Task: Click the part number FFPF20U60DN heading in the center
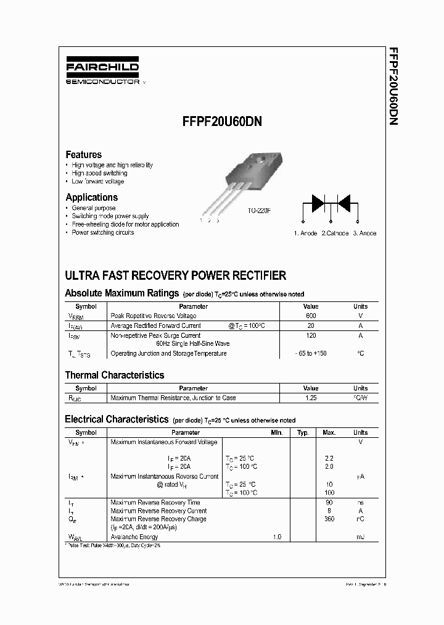(x=222, y=122)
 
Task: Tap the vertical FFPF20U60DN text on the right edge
(x=393, y=86)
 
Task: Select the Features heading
(x=83, y=154)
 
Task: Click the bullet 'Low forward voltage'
(x=97, y=182)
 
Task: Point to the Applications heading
(x=91, y=198)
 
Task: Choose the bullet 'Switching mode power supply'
(x=110, y=216)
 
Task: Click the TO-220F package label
(x=259, y=211)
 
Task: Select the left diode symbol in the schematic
(x=318, y=202)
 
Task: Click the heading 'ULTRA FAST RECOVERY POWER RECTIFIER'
(x=175, y=275)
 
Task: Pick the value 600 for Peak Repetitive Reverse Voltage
(x=311, y=316)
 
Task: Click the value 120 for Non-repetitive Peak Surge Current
(x=311, y=335)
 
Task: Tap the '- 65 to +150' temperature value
(x=311, y=353)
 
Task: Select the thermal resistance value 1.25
(x=311, y=398)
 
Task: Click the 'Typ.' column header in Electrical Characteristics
(x=303, y=433)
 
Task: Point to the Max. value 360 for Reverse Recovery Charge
(x=329, y=519)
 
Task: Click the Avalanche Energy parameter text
(x=134, y=537)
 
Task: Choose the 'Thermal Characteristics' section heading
(x=115, y=375)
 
